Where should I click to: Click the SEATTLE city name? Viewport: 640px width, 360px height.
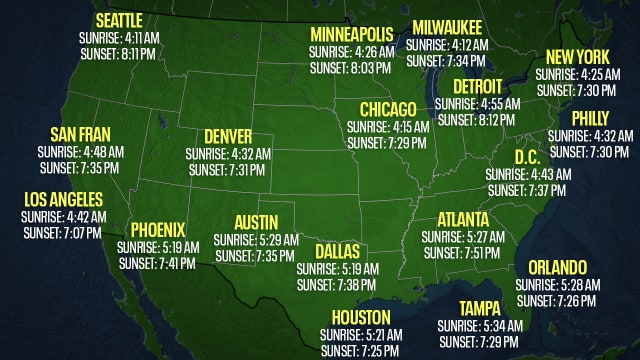tap(119, 20)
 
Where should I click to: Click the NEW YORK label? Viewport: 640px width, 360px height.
tap(577, 58)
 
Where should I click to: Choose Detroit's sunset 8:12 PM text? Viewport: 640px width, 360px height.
tap(476, 119)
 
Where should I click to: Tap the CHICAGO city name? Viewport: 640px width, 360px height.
tap(389, 109)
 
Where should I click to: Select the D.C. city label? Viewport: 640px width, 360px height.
tap(528, 157)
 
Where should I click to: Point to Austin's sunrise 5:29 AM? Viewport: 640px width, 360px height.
tap(257, 239)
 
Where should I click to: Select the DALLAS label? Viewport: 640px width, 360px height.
tap(337, 251)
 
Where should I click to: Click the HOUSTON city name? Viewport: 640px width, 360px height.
tap(361, 318)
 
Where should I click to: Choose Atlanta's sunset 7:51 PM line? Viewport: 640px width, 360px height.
tap(462, 253)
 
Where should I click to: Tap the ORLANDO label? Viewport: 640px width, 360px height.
tap(557, 267)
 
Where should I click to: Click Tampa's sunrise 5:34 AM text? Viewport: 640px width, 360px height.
tap(479, 326)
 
